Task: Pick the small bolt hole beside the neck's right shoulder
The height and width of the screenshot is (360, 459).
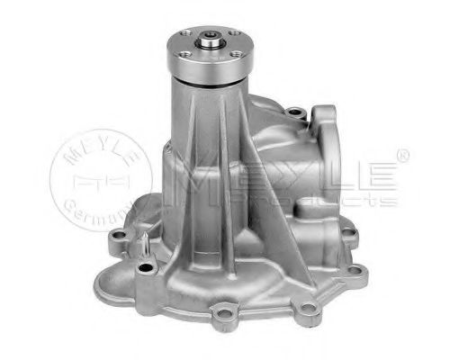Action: click(x=292, y=114)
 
